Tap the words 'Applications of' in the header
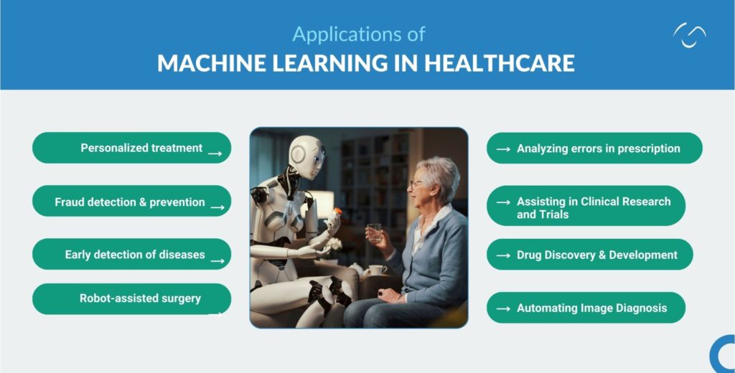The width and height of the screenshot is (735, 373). point(359,34)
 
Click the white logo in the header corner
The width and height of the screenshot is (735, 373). point(689,34)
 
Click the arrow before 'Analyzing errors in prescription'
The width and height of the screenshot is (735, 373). point(503,149)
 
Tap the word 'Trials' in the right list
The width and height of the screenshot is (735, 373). point(556,214)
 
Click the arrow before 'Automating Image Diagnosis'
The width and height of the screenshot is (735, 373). point(503,308)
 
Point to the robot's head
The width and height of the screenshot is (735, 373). point(306,154)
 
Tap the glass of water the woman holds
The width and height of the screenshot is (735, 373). point(375,232)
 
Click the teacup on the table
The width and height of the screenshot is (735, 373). point(376,270)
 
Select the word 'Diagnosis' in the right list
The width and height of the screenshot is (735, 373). point(639,308)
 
